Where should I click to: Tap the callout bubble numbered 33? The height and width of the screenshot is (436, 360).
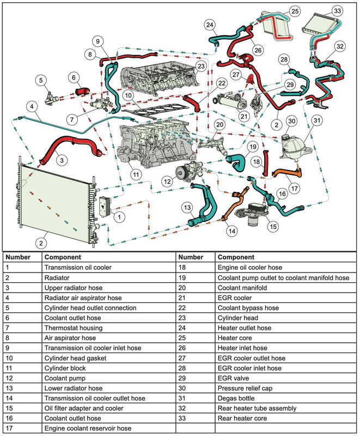click(337, 10)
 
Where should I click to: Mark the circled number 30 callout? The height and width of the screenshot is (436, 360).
click(291, 122)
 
